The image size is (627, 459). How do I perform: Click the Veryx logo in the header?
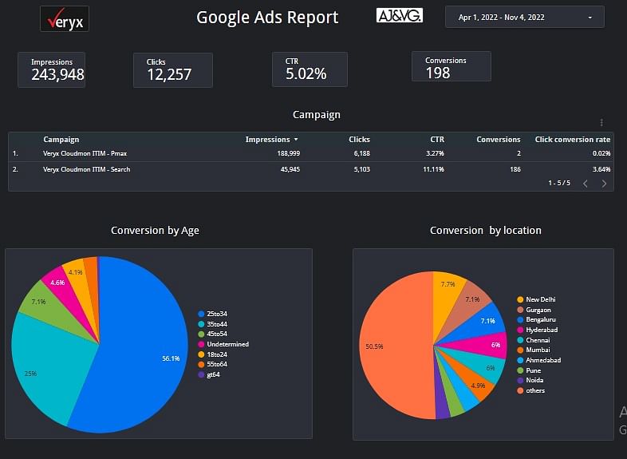pos(64,18)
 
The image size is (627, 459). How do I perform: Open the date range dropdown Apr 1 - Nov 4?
pos(524,17)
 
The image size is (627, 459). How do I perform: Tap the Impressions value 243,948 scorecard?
pos(57,75)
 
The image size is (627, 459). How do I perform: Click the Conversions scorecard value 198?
pos(438,73)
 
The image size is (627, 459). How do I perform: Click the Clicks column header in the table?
pos(359,140)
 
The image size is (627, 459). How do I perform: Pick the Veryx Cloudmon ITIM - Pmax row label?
pos(88,153)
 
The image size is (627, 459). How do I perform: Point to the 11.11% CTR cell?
pos(433,169)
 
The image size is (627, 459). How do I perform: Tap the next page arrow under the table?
pos(604,184)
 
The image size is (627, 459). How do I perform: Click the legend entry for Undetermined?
pos(227,344)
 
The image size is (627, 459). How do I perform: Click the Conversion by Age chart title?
pos(155,231)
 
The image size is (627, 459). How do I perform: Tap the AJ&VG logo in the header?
pos(399,16)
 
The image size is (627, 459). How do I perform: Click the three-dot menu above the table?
pos(601,123)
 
